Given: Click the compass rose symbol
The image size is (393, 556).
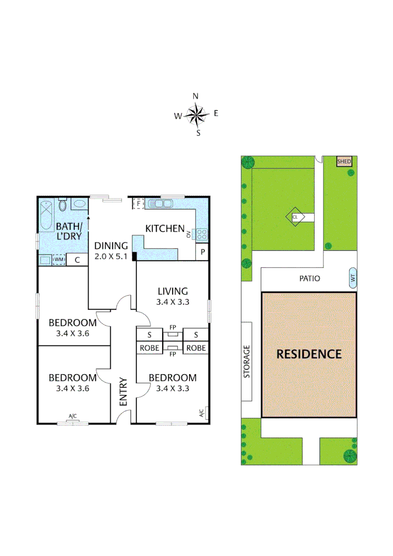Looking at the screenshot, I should [x=196, y=114].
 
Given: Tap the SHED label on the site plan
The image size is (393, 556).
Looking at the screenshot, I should [x=344, y=162].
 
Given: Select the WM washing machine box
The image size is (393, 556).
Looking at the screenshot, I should [x=59, y=260].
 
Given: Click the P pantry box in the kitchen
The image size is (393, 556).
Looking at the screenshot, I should [x=202, y=252].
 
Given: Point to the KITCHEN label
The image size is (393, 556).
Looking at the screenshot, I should [x=164, y=229].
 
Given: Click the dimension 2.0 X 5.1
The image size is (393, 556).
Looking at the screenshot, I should [x=111, y=256].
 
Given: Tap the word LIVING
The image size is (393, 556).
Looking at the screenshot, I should [x=173, y=291].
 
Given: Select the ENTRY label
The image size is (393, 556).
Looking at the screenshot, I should [x=124, y=392].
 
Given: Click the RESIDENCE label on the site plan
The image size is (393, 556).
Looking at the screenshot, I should [x=309, y=354].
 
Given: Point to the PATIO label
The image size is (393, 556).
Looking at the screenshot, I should [x=310, y=279].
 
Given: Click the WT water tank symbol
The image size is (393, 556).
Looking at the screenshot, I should [x=353, y=279].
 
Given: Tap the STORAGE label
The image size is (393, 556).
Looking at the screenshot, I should [x=247, y=361].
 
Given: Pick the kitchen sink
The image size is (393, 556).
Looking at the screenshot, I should [x=161, y=204].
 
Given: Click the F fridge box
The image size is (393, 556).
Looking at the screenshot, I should [x=138, y=204].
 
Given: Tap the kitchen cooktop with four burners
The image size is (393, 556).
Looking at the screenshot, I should [x=202, y=235].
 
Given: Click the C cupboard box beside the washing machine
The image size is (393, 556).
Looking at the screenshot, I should [x=77, y=260].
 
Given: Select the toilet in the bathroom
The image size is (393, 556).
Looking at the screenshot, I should [x=63, y=205].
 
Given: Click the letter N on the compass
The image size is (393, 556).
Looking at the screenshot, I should [x=196, y=96].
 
